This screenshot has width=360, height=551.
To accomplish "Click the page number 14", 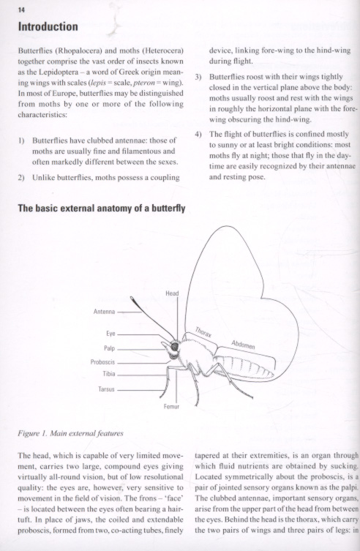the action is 21,10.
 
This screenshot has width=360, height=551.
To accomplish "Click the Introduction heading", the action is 48,26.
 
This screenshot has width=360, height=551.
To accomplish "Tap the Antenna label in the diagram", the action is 104,312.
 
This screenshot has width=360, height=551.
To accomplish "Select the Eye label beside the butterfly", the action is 110,334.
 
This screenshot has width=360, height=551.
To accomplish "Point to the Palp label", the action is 109,348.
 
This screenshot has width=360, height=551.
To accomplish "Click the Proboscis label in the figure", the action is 102,362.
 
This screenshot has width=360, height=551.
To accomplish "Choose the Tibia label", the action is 109,374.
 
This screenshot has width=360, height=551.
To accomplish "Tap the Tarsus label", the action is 106,389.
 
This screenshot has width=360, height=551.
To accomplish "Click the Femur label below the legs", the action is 171,407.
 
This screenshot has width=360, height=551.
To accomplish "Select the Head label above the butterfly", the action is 172,293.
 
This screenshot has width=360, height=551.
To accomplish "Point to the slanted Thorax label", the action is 203,332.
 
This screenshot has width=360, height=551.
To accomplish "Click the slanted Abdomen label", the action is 243,345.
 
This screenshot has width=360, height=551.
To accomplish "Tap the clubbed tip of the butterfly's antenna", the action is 133,301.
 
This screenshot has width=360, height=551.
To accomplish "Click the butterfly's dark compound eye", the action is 174,347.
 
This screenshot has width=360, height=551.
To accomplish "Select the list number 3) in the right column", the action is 198,77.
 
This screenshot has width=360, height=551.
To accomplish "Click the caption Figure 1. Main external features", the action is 70,433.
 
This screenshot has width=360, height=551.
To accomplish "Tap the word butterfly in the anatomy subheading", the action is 168,209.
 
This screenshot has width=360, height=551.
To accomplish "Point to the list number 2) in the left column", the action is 21,178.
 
